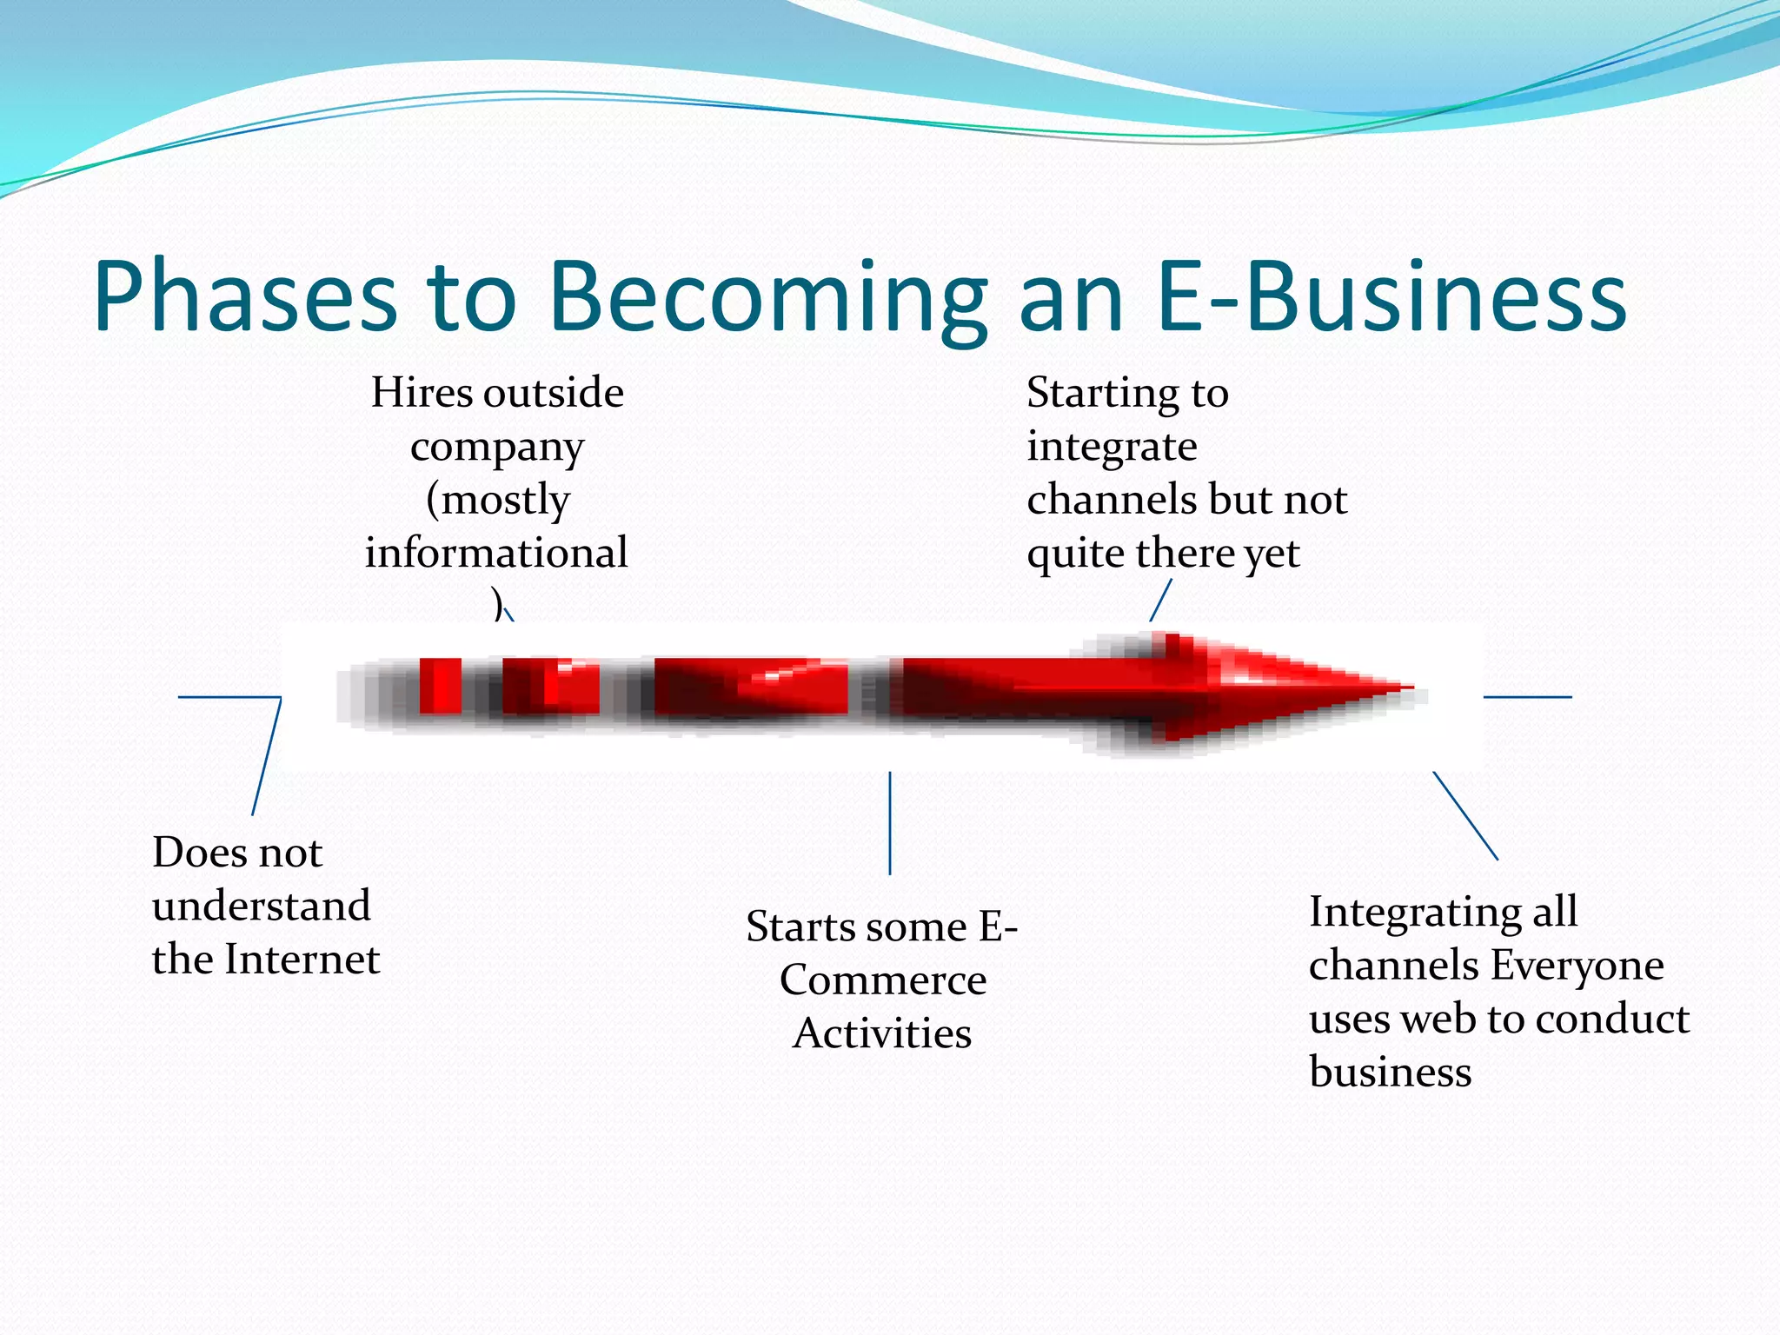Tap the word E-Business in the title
(x=1391, y=297)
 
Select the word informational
(x=496, y=553)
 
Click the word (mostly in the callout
(x=498, y=500)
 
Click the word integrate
(x=1112, y=447)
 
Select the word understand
(x=262, y=906)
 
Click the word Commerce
(x=883, y=980)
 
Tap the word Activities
(x=882, y=1033)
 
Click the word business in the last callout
(x=1390, y=1072)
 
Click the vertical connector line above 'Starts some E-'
(x=890, y=822)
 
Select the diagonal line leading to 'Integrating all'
(x=1465, y=815)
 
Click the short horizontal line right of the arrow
(x=1527, y=697)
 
